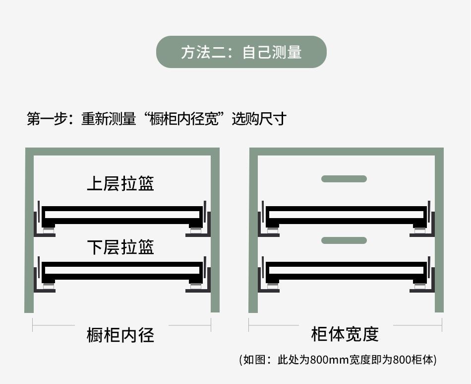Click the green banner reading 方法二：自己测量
[x=241, y=52]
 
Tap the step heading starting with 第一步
[x=156, y=119]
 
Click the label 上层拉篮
[x=120, y=183]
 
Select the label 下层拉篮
[x=120, y=247]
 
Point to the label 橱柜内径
[x=120, y=335]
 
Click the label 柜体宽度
[x=345, y=334]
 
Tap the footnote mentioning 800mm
[x=338, y=360]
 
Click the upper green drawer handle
[x=344, y=179]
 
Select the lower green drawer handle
[x=344, y=240]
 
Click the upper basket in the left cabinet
[x=122, y=215]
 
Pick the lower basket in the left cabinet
[x=122, y=271]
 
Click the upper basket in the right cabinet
[x=346, y=215]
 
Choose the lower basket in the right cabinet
[x=346, y=271]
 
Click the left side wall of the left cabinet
[x=29, y=233]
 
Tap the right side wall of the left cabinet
[x=215, y=233]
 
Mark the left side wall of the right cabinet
[x=253, y=233]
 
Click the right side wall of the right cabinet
[x=439, y=233]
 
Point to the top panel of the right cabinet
[x=346, y=151]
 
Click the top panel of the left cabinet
[x=122, y=151]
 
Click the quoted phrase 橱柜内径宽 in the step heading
[x=183, y=119]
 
